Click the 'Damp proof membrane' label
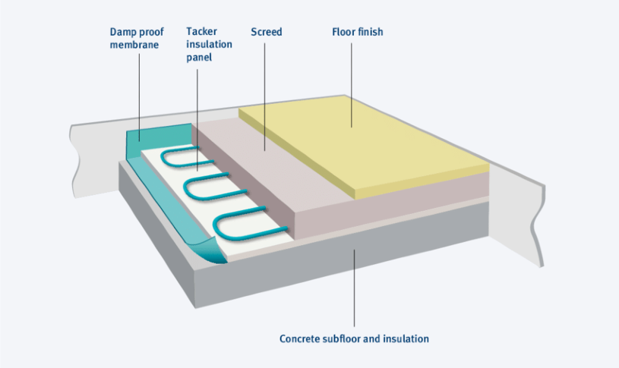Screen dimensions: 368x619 pos(137,39)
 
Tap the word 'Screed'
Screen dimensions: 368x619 pos(266,33)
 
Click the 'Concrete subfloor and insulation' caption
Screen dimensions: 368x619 pos(354,338)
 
